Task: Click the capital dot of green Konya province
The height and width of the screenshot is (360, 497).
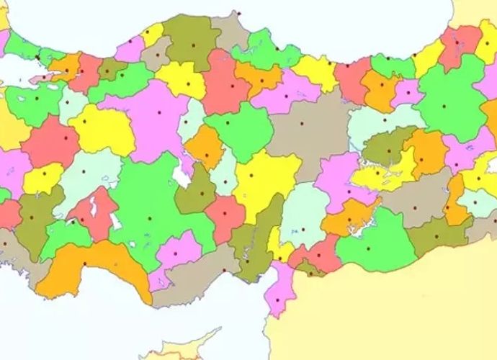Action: pos(150,218)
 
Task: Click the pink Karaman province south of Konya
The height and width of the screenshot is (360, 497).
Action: pos(179,248)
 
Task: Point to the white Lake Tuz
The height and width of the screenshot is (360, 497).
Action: pos(184,173)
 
